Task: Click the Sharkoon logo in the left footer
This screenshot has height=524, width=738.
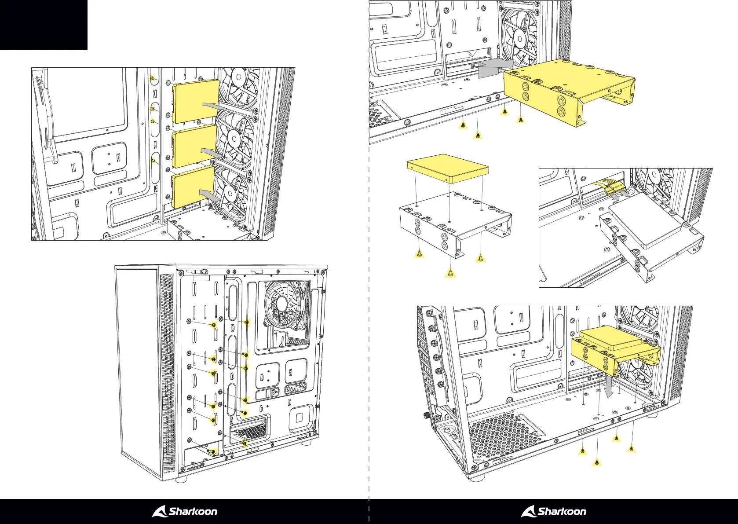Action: coord(185,511)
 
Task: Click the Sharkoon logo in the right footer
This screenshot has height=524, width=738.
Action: coord(554,511)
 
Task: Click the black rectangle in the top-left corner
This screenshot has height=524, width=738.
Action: coord(44,25)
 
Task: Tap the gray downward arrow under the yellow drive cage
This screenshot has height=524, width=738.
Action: coord(610,387)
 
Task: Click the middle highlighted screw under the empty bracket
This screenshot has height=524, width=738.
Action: coord(449,274)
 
